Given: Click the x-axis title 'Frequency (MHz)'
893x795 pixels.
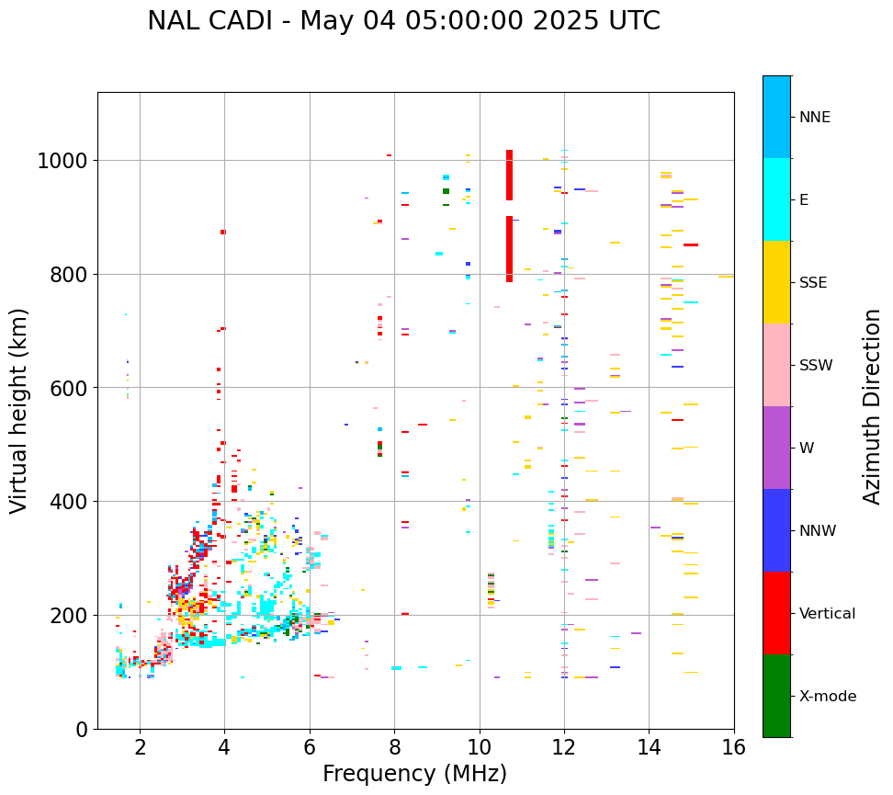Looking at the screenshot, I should pyautogui.click(x=414, y=774).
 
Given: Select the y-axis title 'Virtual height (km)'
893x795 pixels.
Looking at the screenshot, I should pyautogui.click(x=20, y=411).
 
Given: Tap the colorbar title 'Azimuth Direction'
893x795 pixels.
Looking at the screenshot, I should pyautogui.click(x=872, y=406).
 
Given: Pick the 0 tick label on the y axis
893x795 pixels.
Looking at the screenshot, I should pyautogui.click(x=81, y=730).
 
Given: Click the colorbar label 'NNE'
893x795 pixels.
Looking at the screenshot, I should pyautogui.click(x=814, y=118).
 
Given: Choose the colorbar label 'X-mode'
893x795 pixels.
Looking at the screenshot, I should pyautogui.click(x=827, y=697).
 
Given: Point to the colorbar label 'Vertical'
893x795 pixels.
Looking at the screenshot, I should pyautogui.click(x=827, y=614).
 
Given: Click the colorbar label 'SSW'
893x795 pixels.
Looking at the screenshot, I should pyautogui.click(x=815, y=366).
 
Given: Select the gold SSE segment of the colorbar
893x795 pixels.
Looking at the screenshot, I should pyautogui.click(x=776, y=282).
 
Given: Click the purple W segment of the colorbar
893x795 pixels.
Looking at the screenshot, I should pyautogui.click(x=776, y=448).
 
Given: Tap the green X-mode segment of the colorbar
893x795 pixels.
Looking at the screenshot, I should pyautogui.click(x=776, y=696).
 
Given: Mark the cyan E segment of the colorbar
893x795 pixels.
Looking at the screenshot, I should pyautogui.click(x=776, y=199).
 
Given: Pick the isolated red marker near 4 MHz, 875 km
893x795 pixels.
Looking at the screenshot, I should pyautogui.click(x=222, y=233).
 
